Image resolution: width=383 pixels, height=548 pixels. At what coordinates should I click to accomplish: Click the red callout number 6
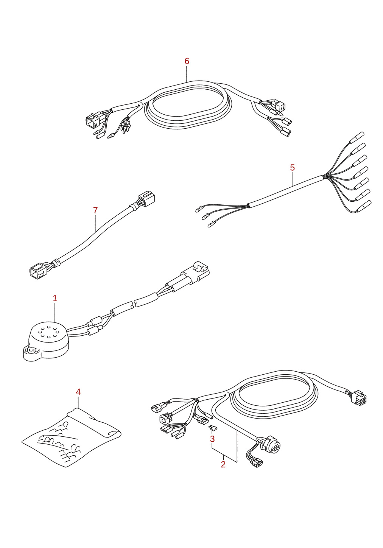click(x=187, y=61)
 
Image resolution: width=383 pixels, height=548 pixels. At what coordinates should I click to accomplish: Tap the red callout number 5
click(x=292, y=168)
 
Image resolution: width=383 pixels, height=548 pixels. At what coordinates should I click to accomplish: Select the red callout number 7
click(x=95, y=210)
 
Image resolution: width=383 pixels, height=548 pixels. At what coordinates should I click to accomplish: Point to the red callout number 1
click(x=55, y=298)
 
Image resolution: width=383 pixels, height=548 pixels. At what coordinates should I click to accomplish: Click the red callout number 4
click(x=78, y=392)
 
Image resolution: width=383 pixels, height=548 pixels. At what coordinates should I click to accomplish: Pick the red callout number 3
click(x=212, y=439)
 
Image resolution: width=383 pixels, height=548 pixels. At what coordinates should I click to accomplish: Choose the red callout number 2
click(x=223, y=464)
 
